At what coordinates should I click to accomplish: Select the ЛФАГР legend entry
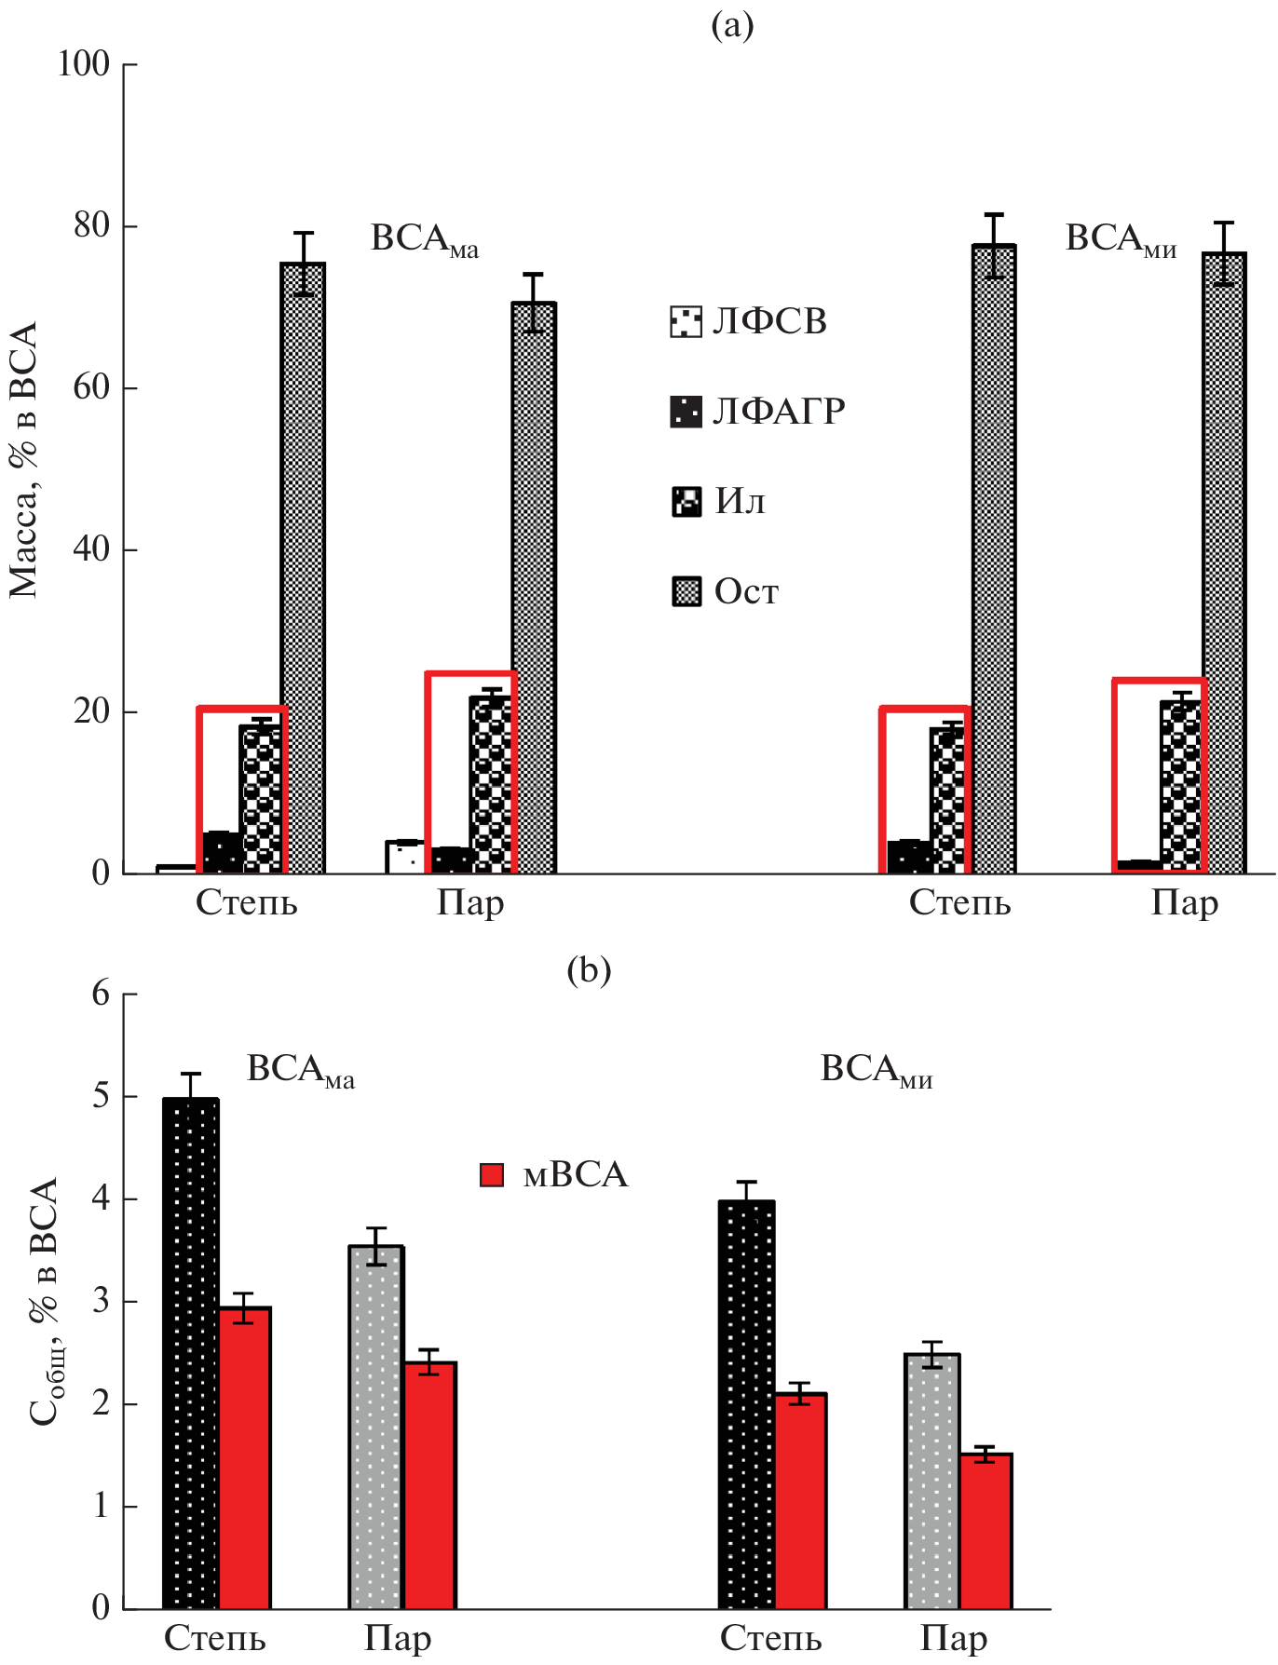pos(757,411)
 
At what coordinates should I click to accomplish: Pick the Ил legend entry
pos(718,501)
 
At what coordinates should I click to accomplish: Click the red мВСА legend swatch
pos(492,1175)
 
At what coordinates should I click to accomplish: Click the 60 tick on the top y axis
pos(92,387)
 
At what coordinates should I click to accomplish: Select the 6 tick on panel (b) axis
pos(101,994)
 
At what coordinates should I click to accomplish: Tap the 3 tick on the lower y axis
pos(101,1301)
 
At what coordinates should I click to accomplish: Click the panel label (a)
pos(732,25)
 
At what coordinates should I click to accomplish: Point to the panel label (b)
pos(589,970)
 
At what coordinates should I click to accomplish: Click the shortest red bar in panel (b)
pos(986,1531)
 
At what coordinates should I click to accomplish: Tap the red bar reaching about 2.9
pos(245,1457)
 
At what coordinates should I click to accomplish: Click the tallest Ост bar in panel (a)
pos(994,559)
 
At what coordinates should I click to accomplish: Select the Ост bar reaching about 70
pos(533,587)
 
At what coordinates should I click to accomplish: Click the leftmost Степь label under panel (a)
pos(247,903)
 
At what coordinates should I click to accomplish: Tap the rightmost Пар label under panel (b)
pos(955,1638)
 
